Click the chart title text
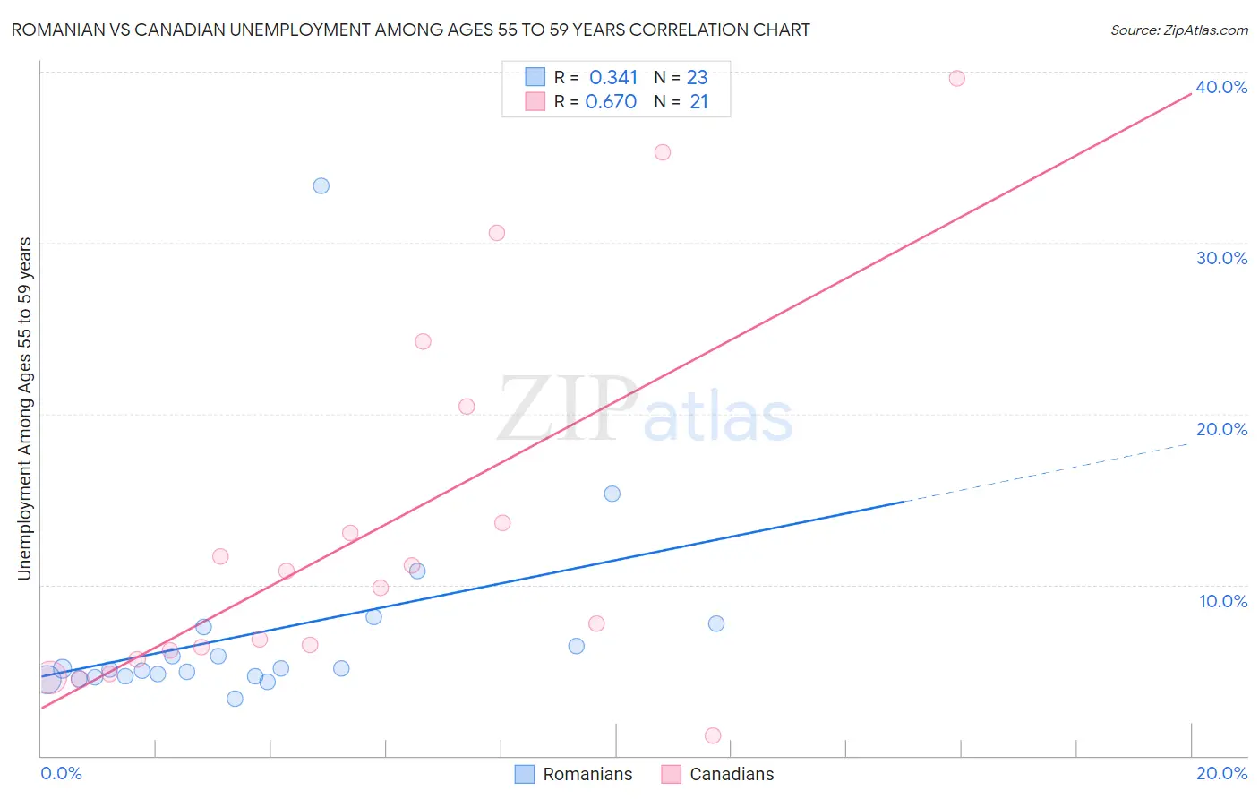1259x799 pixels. [x=410, y=30]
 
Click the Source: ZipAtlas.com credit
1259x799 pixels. [x=1178, y=30]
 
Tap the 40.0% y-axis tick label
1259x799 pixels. [x=1221, y=87]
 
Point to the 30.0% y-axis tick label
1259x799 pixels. [x=1221, y=258]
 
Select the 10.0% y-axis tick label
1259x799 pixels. [x=1223, y=601]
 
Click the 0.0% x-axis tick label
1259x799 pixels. [x=61, y=773]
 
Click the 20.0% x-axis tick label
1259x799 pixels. [x=1221, y=773]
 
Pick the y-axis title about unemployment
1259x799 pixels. [x=25, y=408]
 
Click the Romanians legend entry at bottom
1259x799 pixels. [x=574, y=774]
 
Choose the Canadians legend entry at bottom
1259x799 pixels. [x=718, y=774]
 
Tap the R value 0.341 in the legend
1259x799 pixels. [x=613, y=77]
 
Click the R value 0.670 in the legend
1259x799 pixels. [x=611, y=102]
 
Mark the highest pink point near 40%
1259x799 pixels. [x=956, y=78]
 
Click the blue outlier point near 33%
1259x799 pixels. [x=321, y=185]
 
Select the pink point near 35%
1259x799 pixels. [x=663, y=152]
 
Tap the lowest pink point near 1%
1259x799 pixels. [x=713, y=735]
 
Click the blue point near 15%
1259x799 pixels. [x=612, y=494]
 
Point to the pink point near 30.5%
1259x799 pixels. [x=497, y=233]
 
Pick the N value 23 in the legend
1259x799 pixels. [x=697, y=77]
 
